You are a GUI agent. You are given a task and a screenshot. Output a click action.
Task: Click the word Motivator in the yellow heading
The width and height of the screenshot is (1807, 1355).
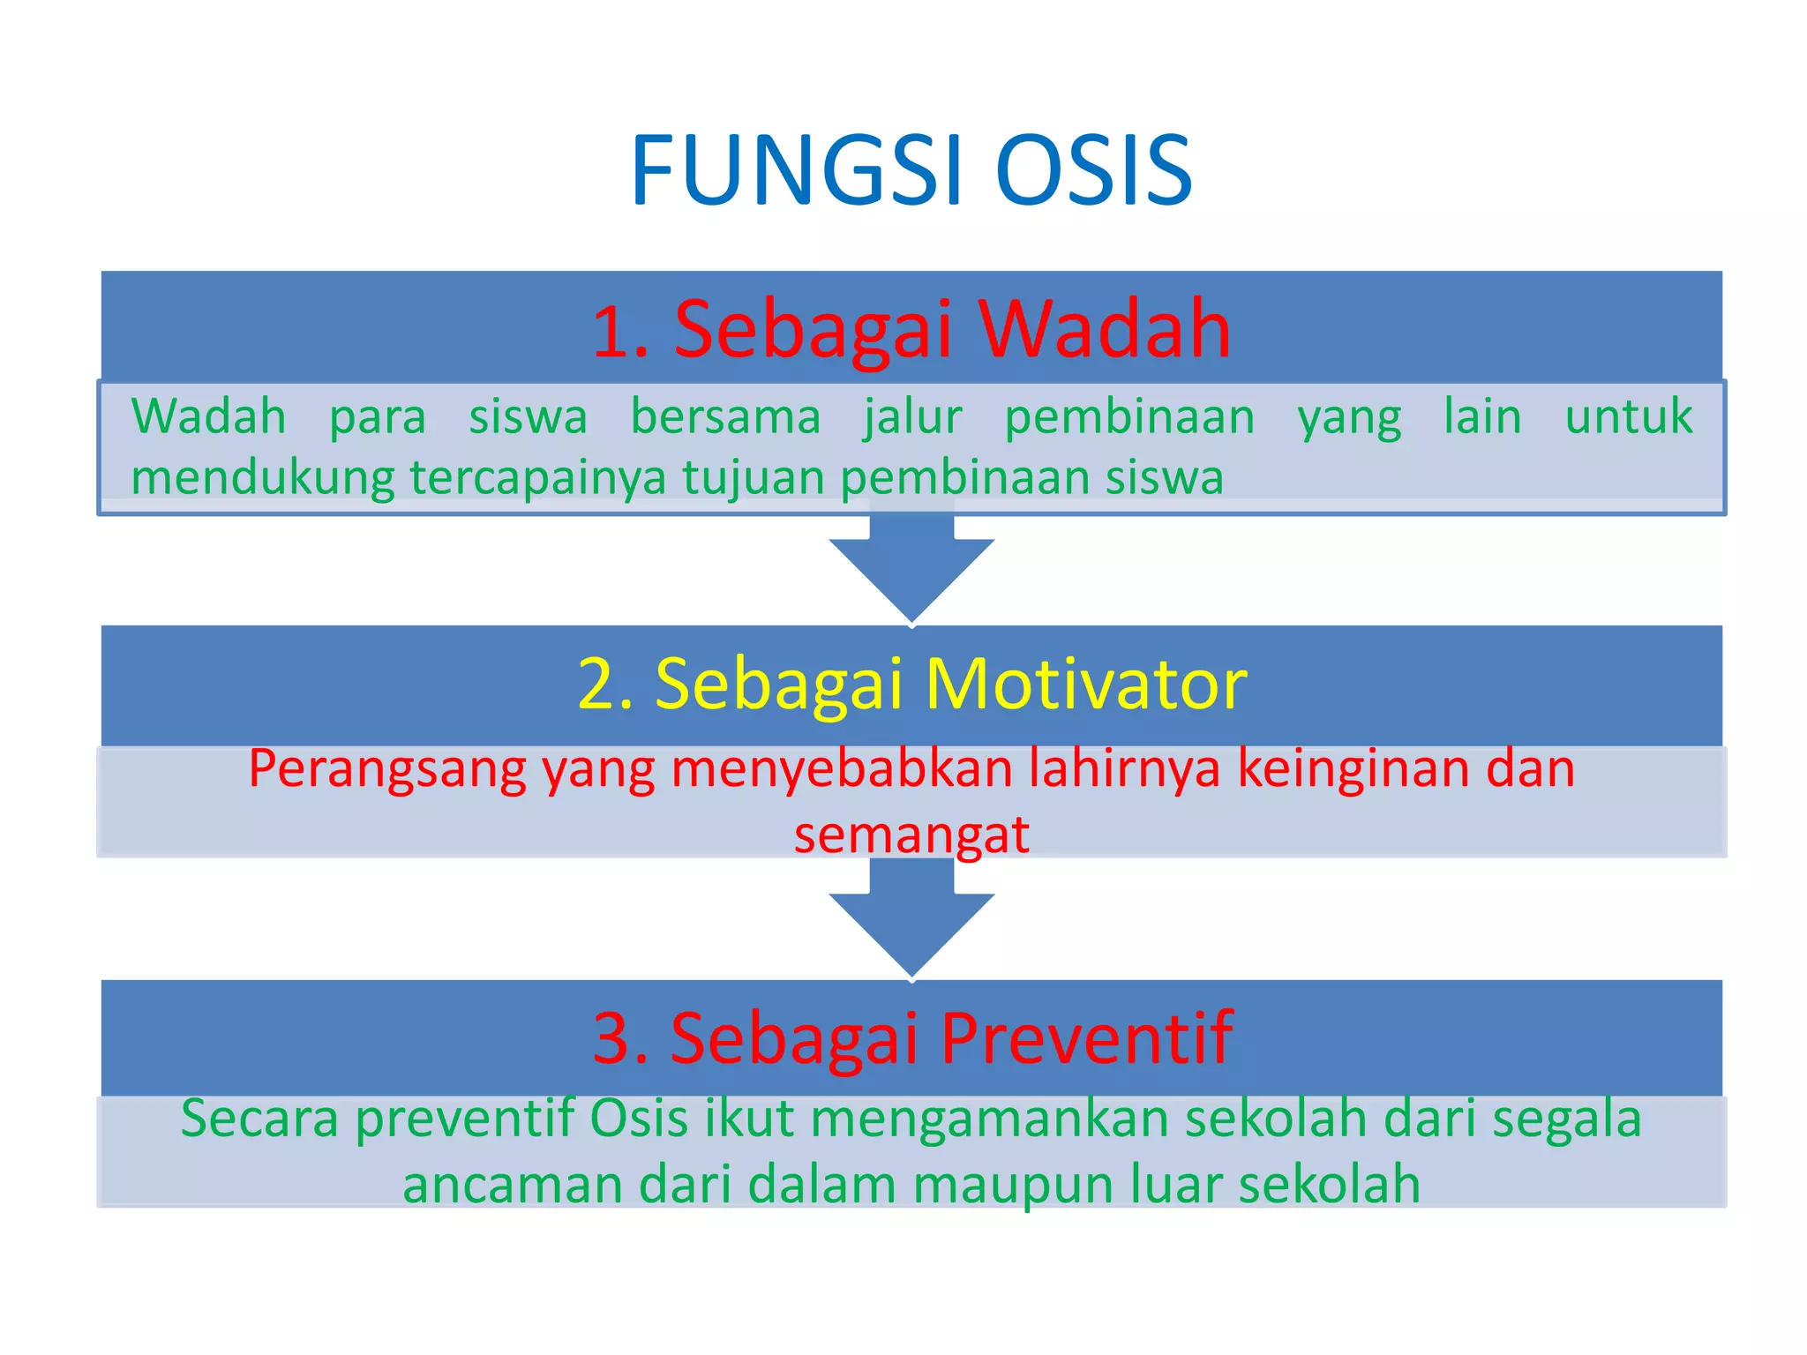point(1086,684)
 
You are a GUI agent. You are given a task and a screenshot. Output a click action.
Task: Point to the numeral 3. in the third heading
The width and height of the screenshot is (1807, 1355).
point(621,1037)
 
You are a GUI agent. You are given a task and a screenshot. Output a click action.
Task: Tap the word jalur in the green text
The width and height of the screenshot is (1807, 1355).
point(912,417)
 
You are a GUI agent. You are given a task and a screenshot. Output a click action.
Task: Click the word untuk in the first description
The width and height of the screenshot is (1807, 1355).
point(1628,416)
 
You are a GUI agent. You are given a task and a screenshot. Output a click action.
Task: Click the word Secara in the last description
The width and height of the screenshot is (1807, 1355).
point(259,1119)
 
